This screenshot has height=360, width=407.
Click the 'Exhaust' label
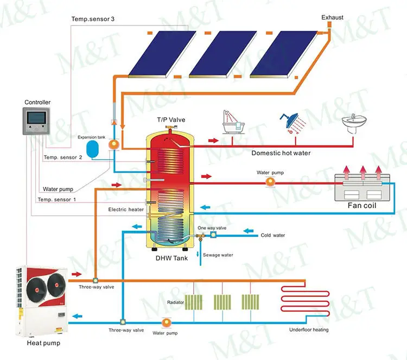(x=332, y=18)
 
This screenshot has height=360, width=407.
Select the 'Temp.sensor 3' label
(x=93, y=19)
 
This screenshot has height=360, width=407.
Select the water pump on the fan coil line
(x=269, y=183)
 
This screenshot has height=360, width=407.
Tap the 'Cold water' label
(x=272, y=235)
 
